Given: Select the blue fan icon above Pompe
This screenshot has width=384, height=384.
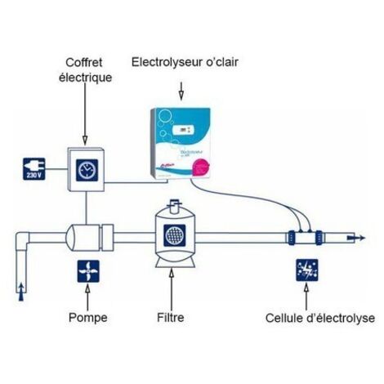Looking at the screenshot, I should pyautogui.click(x=85, y=271).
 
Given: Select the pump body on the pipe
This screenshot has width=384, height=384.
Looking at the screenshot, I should pyautogui.click(x=83, y=239).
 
